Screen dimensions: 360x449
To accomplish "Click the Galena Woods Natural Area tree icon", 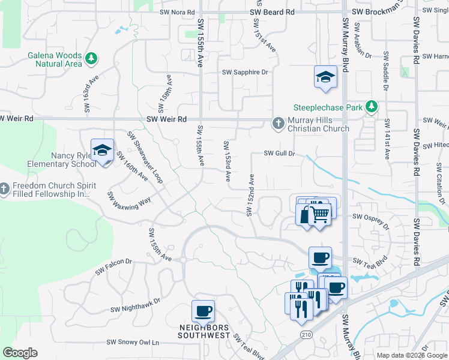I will [x=91, y=59].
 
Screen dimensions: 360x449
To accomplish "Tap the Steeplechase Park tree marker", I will [x=372, y=107].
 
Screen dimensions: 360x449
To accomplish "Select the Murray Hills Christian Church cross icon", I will [x=278, y=124].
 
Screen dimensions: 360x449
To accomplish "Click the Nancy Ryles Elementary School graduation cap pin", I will [x=102, y=150].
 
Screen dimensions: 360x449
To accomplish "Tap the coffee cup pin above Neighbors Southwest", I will [x=203, y=312].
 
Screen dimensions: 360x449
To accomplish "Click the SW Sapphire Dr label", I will [x=244, y=72].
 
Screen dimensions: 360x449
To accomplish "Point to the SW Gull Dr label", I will [x=280, y=154].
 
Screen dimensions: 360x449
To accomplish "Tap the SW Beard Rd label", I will [x=273, y=11].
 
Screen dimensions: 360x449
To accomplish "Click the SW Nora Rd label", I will [x=178, y=11].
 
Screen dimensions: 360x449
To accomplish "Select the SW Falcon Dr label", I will [x=113, y=268].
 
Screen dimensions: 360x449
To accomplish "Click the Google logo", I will [x=20, y=353].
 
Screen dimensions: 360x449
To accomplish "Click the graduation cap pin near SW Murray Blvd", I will [x=325, y=77].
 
